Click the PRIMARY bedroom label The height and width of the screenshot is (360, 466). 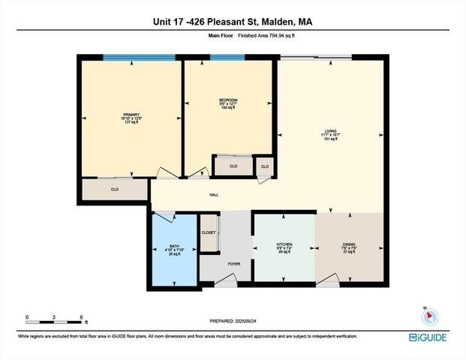click(x=131, y=115)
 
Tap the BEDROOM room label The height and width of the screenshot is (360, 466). click(x=227, y=99)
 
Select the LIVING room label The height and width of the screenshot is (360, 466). click(x=331, y=130)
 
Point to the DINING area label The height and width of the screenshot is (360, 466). click(x=348, y=244)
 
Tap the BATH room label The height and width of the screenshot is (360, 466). click(x=174, y=246)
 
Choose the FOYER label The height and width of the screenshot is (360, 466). click(x=223, y=265)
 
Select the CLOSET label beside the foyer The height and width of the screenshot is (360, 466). click(x=209, y=232)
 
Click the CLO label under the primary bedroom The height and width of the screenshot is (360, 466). click(x=115, y=190)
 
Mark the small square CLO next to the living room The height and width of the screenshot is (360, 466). click(x=264, y=166)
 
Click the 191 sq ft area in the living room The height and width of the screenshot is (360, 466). click(x=331, y=139)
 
